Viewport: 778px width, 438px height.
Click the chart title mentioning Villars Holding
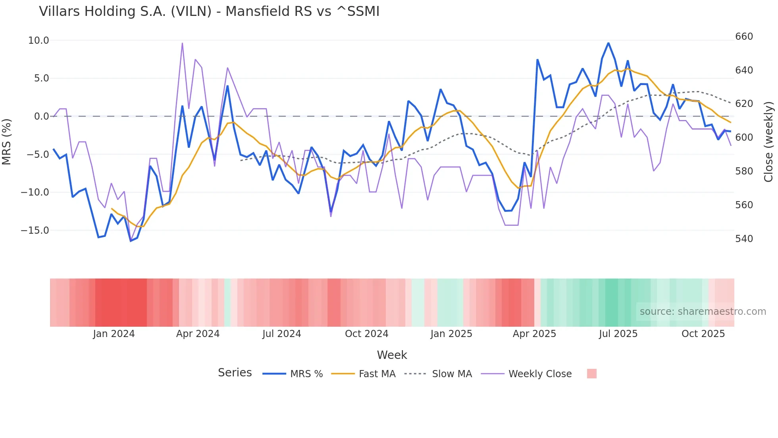tap(209, 12)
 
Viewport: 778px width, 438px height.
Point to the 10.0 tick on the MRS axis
tap(39, 41)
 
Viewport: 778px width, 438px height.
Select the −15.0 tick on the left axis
tap(35, 231)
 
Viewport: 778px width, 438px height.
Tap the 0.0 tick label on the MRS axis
tap(41, 116)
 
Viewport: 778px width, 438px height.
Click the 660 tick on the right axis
tap(744, 37)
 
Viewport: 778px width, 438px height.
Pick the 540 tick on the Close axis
tap(744, 239)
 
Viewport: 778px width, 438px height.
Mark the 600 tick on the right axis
tap(744, 138)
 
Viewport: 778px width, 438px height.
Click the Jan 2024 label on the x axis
tap(114, 334)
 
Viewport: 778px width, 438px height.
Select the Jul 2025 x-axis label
tap(618, 334)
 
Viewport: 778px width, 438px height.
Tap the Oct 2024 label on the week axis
tap(366, 334)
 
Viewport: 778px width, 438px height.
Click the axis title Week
tap(392, 355)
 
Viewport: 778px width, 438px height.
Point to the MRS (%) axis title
tap(7, 141)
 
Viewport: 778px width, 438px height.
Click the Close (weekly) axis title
tap(768, 141)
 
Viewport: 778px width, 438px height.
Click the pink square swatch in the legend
tap(591, 374)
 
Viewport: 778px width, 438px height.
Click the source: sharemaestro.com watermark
tap(703, 312)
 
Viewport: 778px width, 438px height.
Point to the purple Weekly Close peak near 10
tap(182, 43)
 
